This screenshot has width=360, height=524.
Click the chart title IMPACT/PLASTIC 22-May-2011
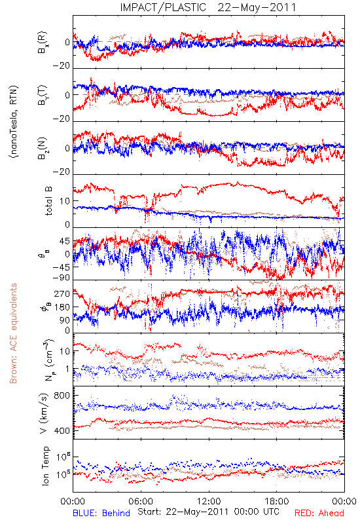(208, 7)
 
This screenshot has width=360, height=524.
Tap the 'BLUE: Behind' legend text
(101, 513)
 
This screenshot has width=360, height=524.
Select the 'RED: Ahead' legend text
(319, 513)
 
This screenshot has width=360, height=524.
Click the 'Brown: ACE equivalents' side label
(13, 333)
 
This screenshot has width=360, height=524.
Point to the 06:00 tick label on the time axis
(141, 501)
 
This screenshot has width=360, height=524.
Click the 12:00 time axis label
(209, 501)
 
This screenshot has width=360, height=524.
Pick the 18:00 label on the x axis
(277, 501)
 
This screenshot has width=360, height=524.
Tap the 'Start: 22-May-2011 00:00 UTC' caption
(208, 512)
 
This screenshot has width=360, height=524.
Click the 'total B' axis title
(48, 201)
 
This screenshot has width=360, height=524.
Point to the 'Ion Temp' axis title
(45, 466)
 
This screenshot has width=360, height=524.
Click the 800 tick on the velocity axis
(62, 396)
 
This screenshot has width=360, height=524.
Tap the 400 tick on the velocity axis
(62, 430)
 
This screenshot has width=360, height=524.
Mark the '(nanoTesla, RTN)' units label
(14, 122)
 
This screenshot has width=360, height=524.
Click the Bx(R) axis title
(43, 43)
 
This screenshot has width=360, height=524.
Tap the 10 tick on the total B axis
(65, 201)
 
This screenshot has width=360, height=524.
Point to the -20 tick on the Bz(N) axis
(61, 172)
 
